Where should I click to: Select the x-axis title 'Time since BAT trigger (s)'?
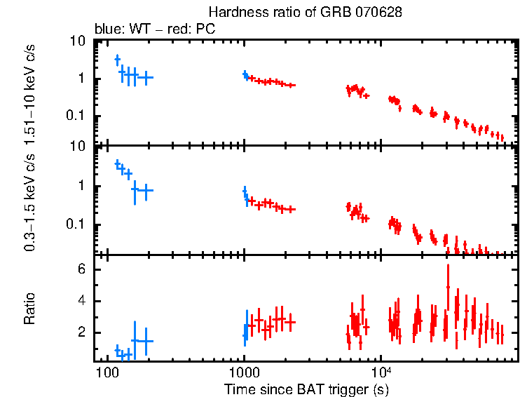(306, 389)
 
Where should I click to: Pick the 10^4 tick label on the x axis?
(381, 371)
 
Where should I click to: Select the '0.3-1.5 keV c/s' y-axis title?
(30, 203)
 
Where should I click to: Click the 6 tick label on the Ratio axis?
(81, 269)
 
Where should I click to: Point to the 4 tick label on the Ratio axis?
(81, 301)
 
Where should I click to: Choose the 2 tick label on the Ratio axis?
(81, 332)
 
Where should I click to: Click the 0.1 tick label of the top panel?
(76, 116)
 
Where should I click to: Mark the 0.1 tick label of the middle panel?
(76, 224)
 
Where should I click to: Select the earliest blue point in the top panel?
(118, 60)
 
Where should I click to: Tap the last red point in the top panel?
(500, 137)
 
